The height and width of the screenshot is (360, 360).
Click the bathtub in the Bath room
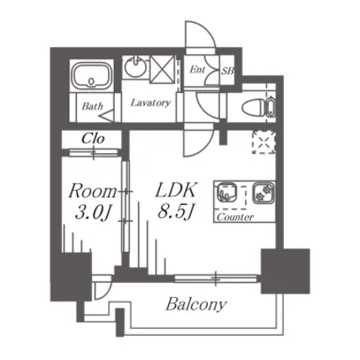point(92,75)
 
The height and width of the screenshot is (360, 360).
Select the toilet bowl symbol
point(253,106)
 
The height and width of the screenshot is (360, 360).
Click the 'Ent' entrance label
point(198,69)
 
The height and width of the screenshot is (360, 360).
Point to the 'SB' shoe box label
point(228,71)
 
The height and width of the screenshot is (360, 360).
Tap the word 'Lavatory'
point(150,103)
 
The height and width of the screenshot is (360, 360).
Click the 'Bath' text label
point(92,105)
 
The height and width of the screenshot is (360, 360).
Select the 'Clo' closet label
point(93,138)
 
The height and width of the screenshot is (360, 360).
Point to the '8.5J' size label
point(176,212)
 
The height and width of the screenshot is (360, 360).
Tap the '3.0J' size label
point(93,213)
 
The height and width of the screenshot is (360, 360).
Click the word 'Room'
point(92,192)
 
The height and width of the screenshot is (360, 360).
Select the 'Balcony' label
point(196,304)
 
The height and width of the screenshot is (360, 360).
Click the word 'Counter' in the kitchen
point(235,217)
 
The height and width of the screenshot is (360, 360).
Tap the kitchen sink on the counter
point(227,193)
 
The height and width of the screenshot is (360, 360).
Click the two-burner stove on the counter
point(264,193)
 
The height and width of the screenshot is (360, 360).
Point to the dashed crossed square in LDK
point(264,142)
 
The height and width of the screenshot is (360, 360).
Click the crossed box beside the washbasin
point(162,69)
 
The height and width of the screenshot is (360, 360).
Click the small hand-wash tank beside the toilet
point(270,106)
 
